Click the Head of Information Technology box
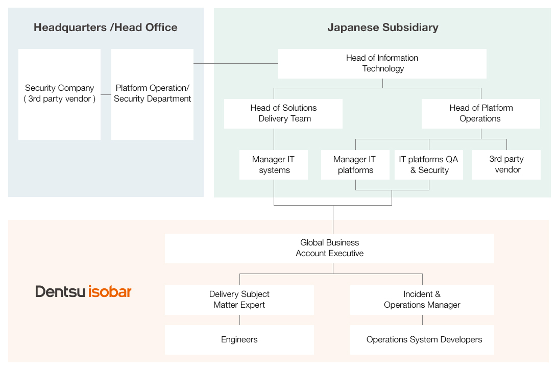pyautogui.click(x=382, y=63)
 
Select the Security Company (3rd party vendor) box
pyautogui.click(x=59, y=94)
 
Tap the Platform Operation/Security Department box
pyautogui.click(x=152, y=94)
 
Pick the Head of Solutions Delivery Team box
pyautogui.click(x=283, y=113)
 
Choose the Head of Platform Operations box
pyautogui.click(x=480, y=113)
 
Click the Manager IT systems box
pyautogui.click(x=274, y=164)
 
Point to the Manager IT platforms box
pyautogui.click(x=355, y=164)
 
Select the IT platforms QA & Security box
pyautogui.click(x=429, y=164)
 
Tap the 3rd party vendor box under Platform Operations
pyautogui.click(x=506, y=164)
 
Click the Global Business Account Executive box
pyautogui.click(x=329, y=248)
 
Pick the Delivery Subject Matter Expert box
pyautogui.click(x=239, y=300)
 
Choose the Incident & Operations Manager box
pyautogui.click(x=422, y=300)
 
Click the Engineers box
pyautogui.click(x=239, y=339)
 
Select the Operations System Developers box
pyautogui.click(x=422, y=339)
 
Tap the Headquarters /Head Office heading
pyautogui.click(x=106, y=28)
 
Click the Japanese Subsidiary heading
pyautogui.click(x=382, y=28)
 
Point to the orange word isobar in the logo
pyautogui.click(x=110, y=291)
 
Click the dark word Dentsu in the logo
pyautogui.click(x=60, y=291)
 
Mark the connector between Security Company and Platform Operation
pyautogui.click(x=106, y=94)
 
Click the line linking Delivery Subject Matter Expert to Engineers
pyautogui.click(x=239, y=320)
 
